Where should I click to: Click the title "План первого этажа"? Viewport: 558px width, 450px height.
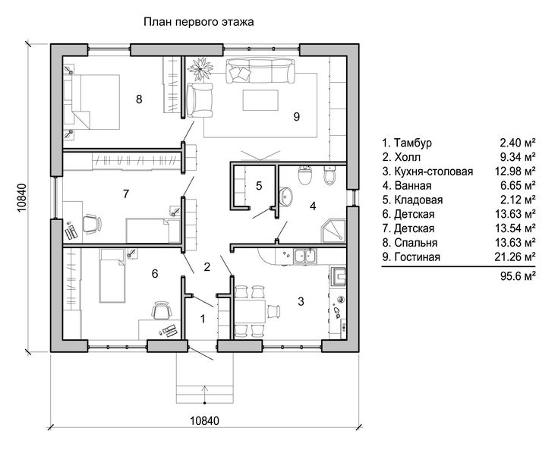(199, 23)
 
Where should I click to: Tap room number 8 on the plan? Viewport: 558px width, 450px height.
(139, 99)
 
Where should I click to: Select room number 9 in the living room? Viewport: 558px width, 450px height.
(296, 116)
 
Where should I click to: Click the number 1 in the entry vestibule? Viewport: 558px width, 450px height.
(202, 319)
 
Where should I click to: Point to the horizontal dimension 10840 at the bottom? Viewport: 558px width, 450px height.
(203, 421)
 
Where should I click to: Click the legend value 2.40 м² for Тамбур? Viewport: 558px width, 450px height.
(519, 143)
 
